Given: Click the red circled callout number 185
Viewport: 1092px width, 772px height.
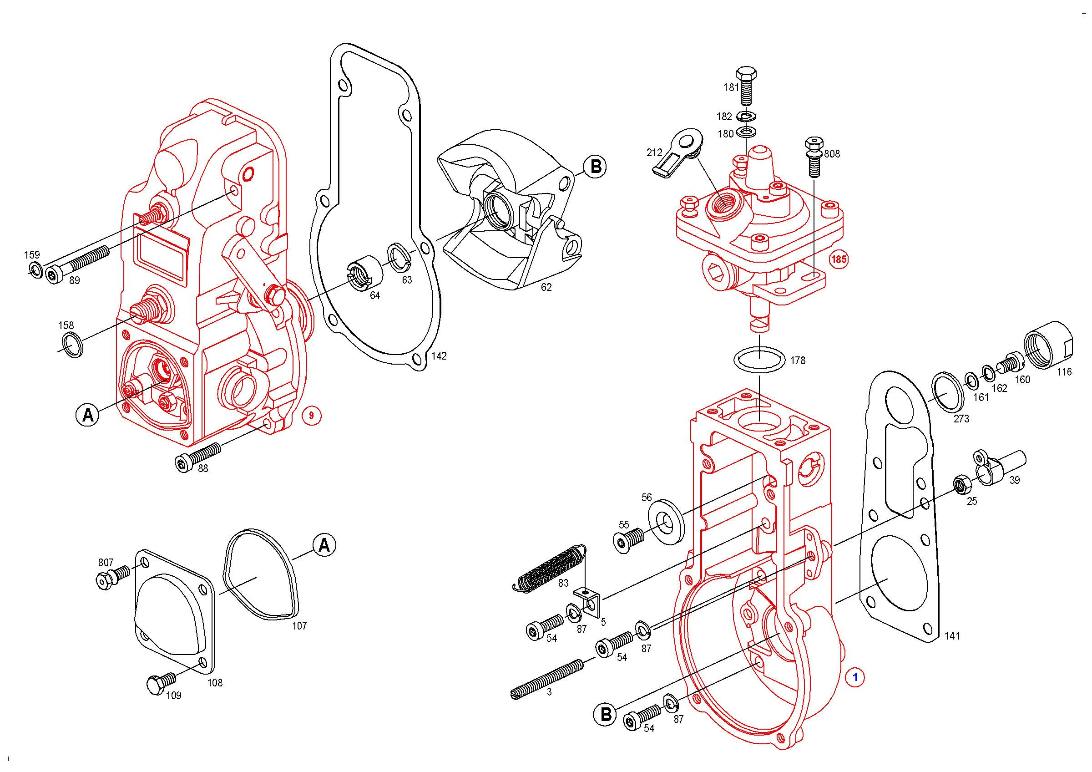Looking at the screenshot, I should tap(839, 259).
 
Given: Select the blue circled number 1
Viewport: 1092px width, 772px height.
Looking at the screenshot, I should tap(854, 677).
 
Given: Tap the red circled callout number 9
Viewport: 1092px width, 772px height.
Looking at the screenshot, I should tap(312, 416).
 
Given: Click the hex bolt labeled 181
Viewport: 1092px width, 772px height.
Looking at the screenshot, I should tap(746, 86).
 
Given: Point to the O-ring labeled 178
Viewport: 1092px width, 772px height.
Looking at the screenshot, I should tap(759, 359).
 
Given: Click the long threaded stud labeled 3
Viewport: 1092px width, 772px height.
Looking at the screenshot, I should tap(547, 679).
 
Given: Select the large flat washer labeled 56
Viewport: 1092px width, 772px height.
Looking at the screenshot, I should tap(666, 522).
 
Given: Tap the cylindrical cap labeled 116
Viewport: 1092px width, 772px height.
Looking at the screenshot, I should tap(1048, 345).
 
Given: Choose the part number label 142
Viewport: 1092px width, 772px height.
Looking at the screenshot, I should tap(439, 356).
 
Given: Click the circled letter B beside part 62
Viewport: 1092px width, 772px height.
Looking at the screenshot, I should tap(595, 167).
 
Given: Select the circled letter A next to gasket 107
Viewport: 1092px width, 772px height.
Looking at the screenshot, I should tap(324, 545).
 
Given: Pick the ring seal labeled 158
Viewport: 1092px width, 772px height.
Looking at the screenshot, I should tap(73, 345).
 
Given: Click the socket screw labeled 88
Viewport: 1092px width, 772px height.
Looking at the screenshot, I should tap(197, 457).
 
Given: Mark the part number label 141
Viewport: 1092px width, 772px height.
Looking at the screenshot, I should tap(952, 636).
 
